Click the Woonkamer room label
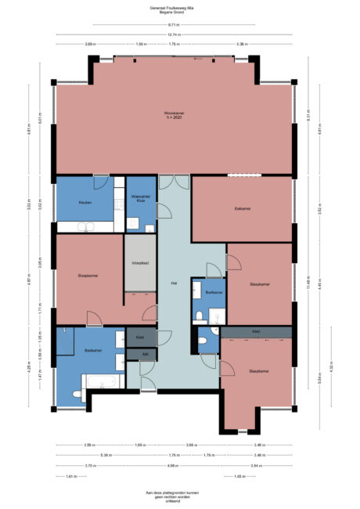(x=174, y=115)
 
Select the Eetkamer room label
(x=243, y=209)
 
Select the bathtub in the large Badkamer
(x=103, y=381)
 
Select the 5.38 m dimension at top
(x=243, y=45)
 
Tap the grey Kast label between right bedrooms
(x=256, y=332)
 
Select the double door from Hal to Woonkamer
(x=173, y=182)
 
